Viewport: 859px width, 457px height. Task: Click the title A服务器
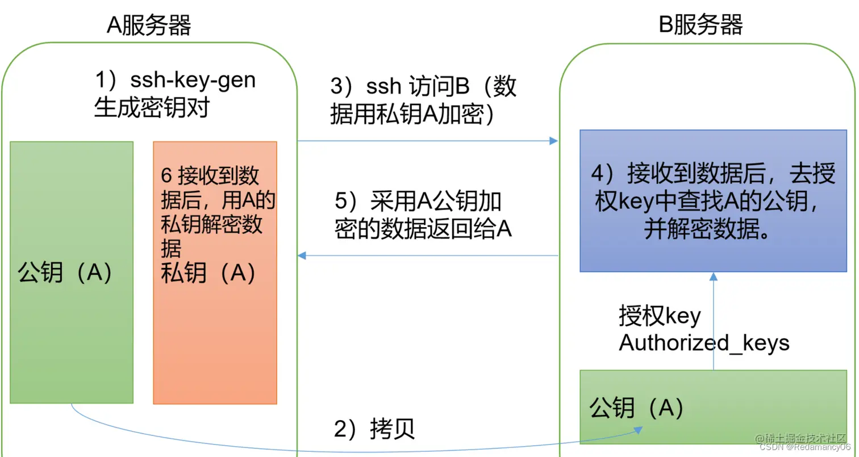click(149, 26)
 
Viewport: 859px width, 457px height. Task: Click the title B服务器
click(700, 26)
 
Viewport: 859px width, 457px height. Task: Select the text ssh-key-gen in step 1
click(193, 81)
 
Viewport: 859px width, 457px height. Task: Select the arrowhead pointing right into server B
click(554, 141)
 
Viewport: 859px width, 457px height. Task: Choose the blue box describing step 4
click(712, 200)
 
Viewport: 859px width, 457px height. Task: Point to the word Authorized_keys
click(704, 343)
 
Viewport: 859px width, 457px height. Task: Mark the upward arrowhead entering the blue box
click(713, 276)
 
